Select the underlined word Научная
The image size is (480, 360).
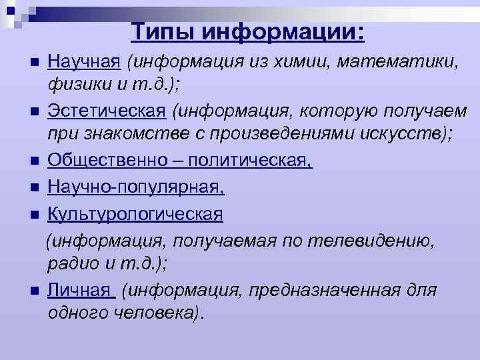pos(84,63)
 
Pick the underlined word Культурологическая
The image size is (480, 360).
pos(135,215)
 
